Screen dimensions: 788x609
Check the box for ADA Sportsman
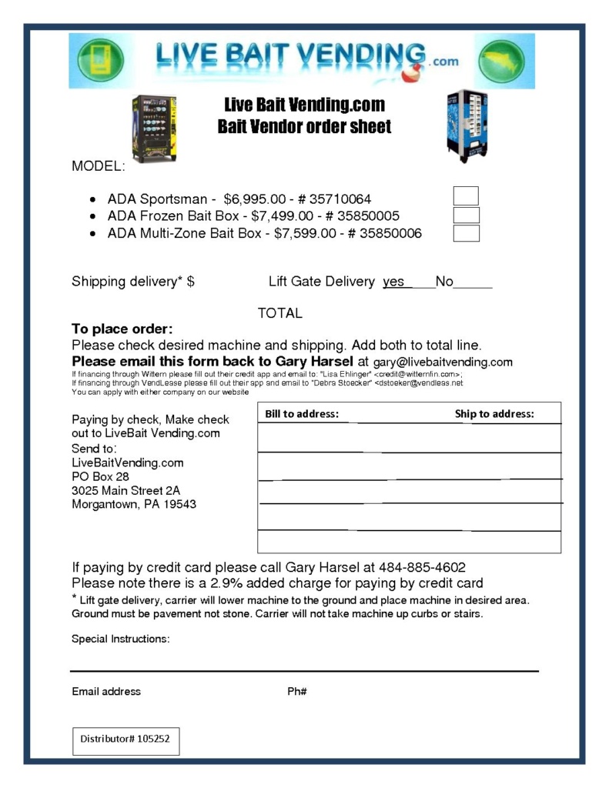tap(466, 196)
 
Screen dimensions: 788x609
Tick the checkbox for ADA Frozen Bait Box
tap(466, 215)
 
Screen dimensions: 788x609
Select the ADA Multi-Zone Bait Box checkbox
tap(466, 233)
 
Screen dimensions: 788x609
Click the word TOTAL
tap(279, 313)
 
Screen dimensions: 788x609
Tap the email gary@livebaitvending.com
tap(443, 362)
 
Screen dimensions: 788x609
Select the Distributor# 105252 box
tap(125, 739)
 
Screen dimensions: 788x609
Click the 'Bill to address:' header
tap(301, 414)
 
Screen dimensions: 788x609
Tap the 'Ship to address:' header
tap(494, 414)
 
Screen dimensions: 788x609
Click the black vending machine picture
tap(154, 129)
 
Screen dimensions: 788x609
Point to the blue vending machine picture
tap(467, 125)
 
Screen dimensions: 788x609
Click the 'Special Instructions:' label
tap(121, 639)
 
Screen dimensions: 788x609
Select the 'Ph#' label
tap(297, 691)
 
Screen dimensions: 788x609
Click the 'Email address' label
tap(106, 691)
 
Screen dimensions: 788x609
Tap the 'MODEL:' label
tap(98, 166)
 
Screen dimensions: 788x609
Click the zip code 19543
tap(180, 505)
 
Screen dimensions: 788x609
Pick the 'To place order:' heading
tap(122, 329)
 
